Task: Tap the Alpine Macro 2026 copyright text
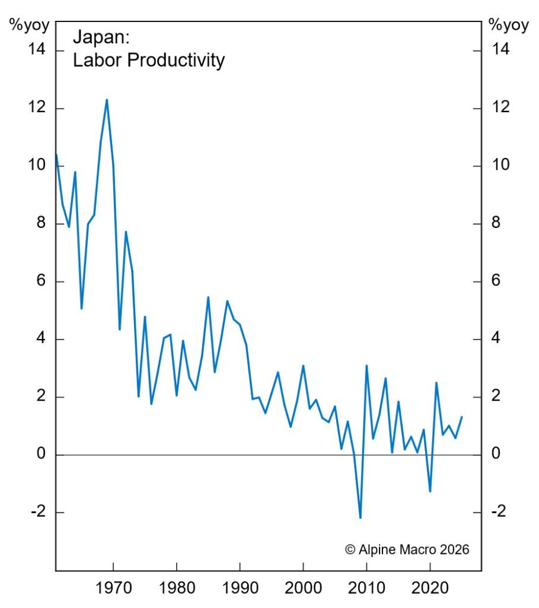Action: coord(407,549)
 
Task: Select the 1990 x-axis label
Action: coord(240,589)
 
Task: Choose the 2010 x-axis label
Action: coord(366,589)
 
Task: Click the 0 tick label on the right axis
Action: coord(496,455)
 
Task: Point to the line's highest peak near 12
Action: coord(107,100)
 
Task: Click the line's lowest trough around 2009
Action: coord(360,518)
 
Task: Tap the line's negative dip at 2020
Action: coord(430,491)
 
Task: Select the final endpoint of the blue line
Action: coord(461,417)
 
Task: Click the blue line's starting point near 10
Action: coord(56,156)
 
